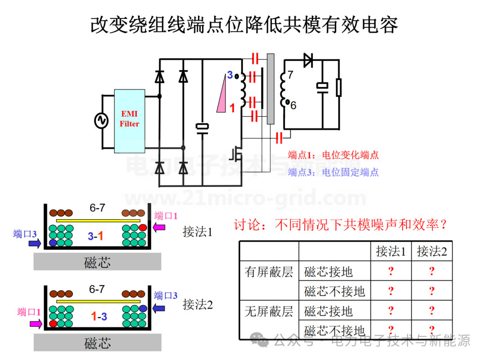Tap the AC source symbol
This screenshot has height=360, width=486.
pos(101,121)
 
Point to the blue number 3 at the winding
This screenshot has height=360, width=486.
pos(230,75)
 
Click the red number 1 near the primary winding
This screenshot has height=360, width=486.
pos(232,108)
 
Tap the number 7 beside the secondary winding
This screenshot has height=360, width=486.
pos(290,75)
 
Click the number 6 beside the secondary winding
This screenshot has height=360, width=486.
pos(293,105)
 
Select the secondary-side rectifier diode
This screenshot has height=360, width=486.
pos(308,60)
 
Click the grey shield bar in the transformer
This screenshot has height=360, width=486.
pos(270,89)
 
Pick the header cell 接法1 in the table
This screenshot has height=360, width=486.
pos(391,251)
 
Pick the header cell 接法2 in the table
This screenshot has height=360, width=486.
pos(432,251)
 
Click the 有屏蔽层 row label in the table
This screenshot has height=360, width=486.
pos(269,271)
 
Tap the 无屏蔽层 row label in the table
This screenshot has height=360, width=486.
pos(269,311)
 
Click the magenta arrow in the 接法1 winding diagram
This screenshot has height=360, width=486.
pos(160,228)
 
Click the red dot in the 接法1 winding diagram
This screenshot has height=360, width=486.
pos(143,228)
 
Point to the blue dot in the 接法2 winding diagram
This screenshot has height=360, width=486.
pos(143,308)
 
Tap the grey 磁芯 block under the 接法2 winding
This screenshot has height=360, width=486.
pos(98,343)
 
